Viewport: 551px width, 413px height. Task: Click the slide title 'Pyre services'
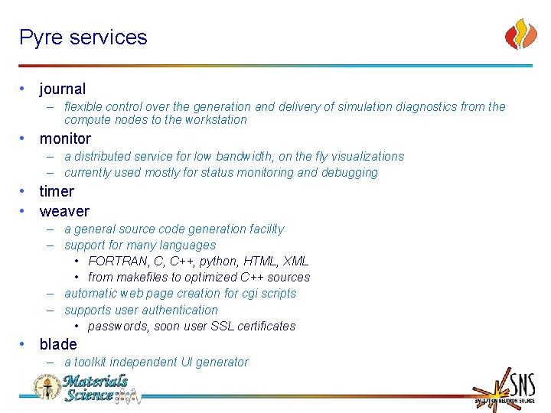[83, 37]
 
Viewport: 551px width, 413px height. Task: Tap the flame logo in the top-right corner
[521, 34]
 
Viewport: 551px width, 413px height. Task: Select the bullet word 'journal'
[63, 89]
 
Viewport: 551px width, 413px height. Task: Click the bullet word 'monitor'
[65, 139]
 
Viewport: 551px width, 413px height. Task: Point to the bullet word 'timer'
[57, 191]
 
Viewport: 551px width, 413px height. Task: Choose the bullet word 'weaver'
[64, 211]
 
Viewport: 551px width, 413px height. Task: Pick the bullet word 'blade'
[58, 344]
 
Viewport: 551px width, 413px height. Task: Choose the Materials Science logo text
[96, 388]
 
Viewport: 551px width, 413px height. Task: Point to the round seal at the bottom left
[47, 387]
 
